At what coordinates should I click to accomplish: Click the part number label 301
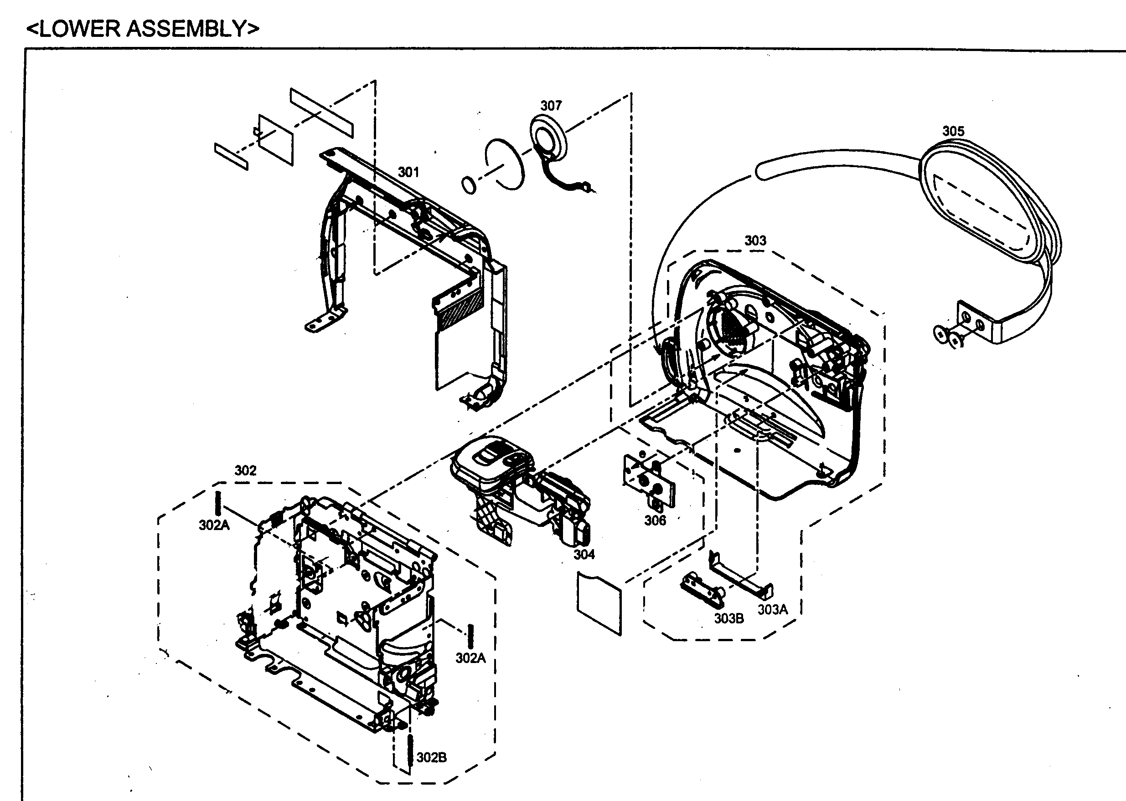(408, 172)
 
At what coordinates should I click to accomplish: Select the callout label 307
(550, 106)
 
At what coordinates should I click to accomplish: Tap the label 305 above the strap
(953, 131)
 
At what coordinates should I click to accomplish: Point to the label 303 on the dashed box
(755, 241)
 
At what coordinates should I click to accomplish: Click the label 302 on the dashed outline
(245, 470)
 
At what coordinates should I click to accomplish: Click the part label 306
(655, 521)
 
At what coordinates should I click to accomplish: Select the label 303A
(773, 610)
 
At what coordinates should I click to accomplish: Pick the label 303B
(728, 618)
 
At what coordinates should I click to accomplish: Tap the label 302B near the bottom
(431, 758)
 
